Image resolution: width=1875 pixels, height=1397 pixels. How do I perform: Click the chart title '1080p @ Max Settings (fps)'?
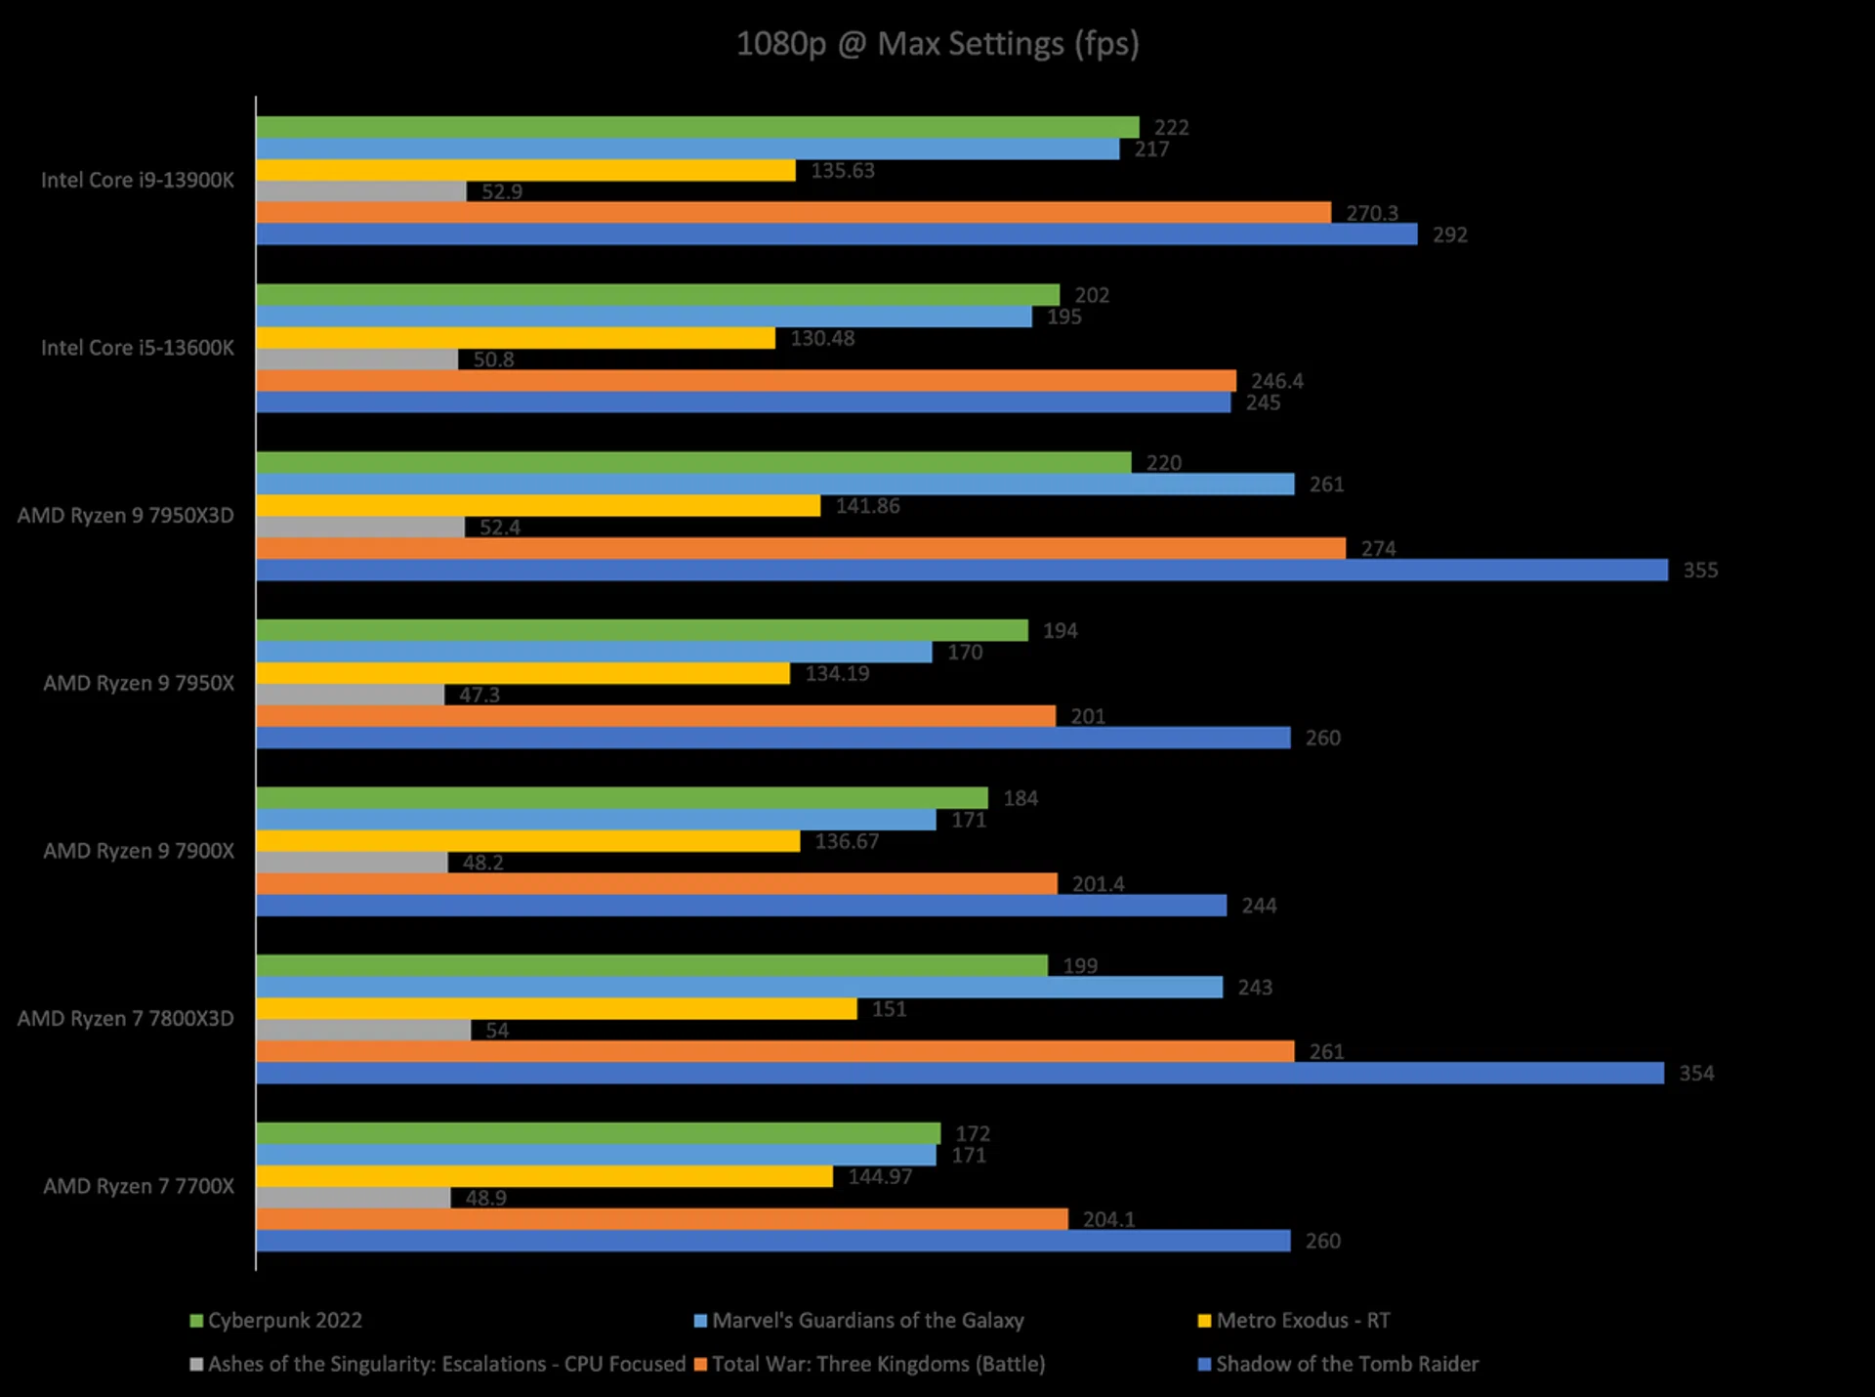click(937, 44)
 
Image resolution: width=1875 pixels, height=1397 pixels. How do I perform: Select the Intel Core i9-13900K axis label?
click(137, 181)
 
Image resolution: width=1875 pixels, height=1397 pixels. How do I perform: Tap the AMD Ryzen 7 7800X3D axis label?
click(125, 1019)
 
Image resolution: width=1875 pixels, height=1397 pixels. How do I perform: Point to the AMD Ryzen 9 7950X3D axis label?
click(125, 516)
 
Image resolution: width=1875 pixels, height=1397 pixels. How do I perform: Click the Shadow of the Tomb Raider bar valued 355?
click(962, 570)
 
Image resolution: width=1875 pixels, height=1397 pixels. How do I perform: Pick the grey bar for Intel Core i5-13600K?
click(356, 360)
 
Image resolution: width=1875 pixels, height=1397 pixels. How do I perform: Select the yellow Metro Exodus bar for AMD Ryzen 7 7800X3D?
click(557, 1008)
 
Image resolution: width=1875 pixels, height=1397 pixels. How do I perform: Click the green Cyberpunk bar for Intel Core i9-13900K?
click(697, 127)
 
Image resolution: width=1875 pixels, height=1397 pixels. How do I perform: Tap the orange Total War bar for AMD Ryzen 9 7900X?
click(656, 884)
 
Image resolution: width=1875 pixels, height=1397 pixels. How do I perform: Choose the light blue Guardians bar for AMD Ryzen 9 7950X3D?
click(775, 484)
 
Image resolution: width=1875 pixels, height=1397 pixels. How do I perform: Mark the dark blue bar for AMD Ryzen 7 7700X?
click(773, 1241)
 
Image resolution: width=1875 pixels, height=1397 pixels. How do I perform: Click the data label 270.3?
click(1372, 213)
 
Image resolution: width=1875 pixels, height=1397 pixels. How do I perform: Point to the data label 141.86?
click(867, 506)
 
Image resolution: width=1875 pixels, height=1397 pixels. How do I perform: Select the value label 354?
click(1696, 1074)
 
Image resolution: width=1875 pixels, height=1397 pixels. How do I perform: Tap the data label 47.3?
click(479, 695)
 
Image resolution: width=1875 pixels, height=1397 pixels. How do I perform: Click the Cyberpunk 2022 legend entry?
click(284, 1321)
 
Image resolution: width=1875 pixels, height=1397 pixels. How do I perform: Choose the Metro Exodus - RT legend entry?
click(1302, 1321)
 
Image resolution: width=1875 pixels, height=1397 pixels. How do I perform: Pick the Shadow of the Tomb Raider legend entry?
click(1347, 1364)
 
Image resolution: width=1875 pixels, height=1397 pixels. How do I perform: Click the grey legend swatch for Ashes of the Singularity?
click(196, 1364)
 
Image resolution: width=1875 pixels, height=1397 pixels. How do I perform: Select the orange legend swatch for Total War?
click(700, 1364)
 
